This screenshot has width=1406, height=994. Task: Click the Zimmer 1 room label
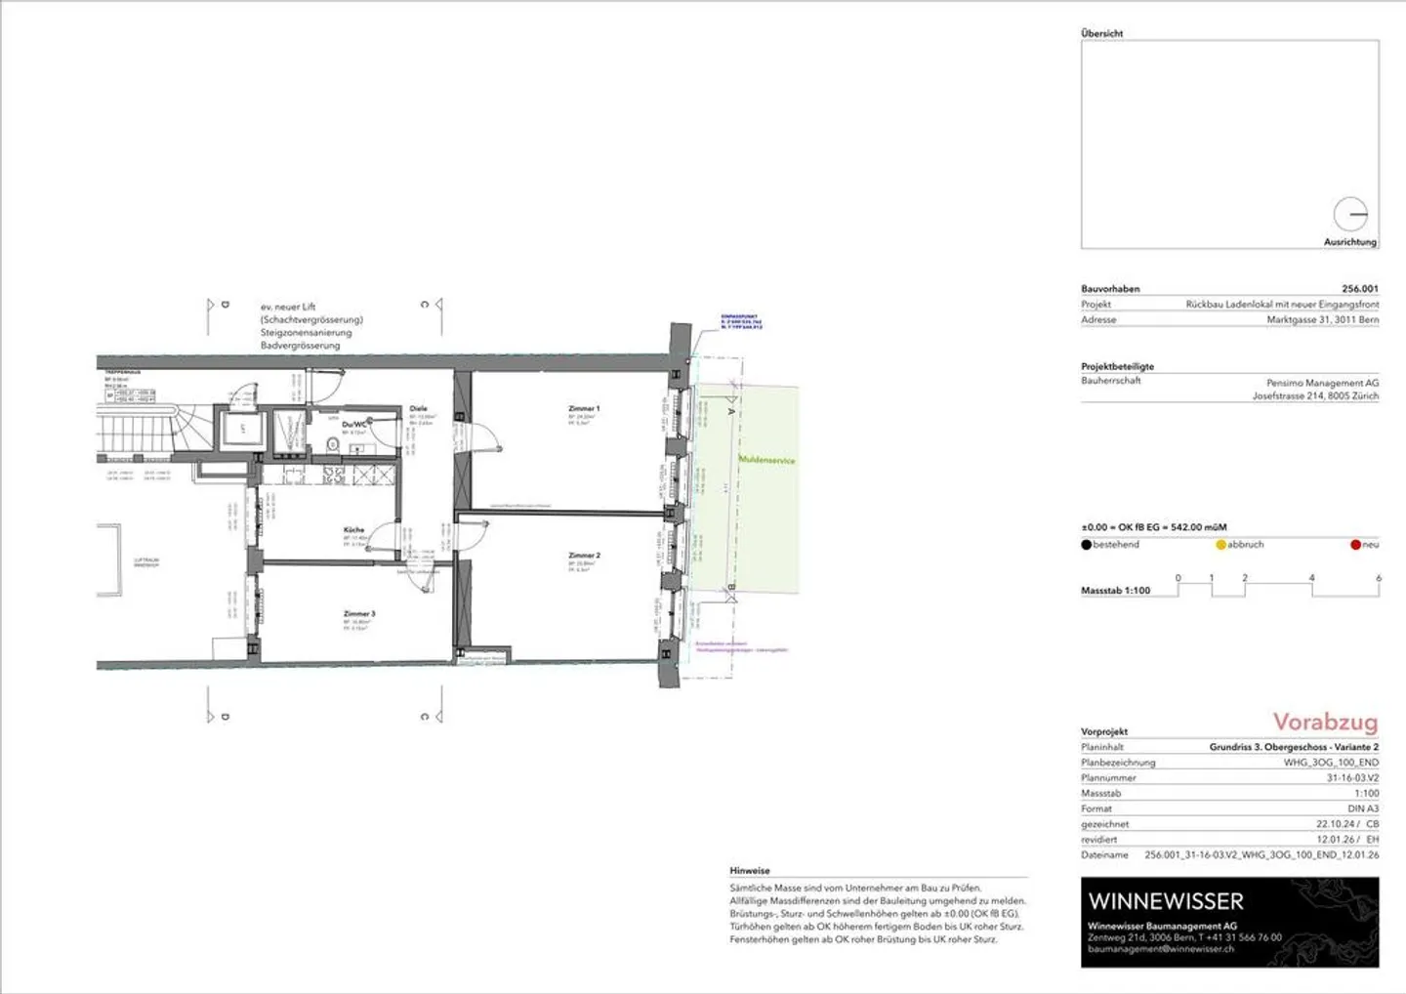[x=584, y=409]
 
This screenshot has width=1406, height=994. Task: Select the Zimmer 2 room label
[x=584, y=556]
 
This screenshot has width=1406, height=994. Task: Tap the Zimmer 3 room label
[x=359, y=614]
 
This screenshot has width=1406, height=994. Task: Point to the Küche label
[x=353, y=530]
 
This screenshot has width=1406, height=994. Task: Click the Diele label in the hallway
[x=418, y=409]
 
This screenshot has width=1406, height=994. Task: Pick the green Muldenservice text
[x=766, y=460]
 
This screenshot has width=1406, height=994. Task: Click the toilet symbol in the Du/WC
[x=332, y=445]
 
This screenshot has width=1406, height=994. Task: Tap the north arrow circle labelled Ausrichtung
[x=1350, y=214]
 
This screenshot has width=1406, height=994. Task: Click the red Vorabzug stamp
[x=1325, y=723]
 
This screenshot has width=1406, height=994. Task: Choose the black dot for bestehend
[x=1086, y=545]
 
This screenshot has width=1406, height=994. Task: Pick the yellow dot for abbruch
[x=1220, y=545]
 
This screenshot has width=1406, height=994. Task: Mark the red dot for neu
[x=1355, y=545]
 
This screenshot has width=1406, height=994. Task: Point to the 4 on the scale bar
[x=1311, y=578]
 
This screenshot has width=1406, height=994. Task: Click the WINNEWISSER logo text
[x=1166, y=901]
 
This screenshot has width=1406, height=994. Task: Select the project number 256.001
[x=1360, y=289]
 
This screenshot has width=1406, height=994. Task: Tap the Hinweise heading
[x=750, y=871]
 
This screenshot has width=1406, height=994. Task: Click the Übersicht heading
[x=1101, y=33]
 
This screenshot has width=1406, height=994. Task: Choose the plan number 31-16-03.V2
[x=1352, y=778]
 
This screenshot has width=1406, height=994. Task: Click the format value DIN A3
[x=1363, y=808]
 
